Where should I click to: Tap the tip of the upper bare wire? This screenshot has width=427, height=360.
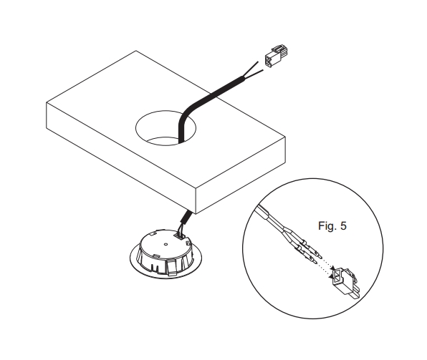(258, 62)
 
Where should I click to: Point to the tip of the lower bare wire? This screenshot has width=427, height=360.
(263, 70)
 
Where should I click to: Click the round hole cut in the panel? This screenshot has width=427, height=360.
(165, 128)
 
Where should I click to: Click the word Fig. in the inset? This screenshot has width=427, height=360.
(326, 226)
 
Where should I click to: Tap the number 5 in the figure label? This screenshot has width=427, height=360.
(343, 226)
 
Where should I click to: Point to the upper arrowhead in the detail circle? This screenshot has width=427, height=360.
(333, 268)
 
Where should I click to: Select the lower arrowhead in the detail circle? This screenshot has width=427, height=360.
(332, 277)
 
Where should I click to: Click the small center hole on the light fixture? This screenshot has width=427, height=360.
(165, 244)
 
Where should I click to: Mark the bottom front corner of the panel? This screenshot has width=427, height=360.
(196, 213)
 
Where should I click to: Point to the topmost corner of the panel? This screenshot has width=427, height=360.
(136, 51)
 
